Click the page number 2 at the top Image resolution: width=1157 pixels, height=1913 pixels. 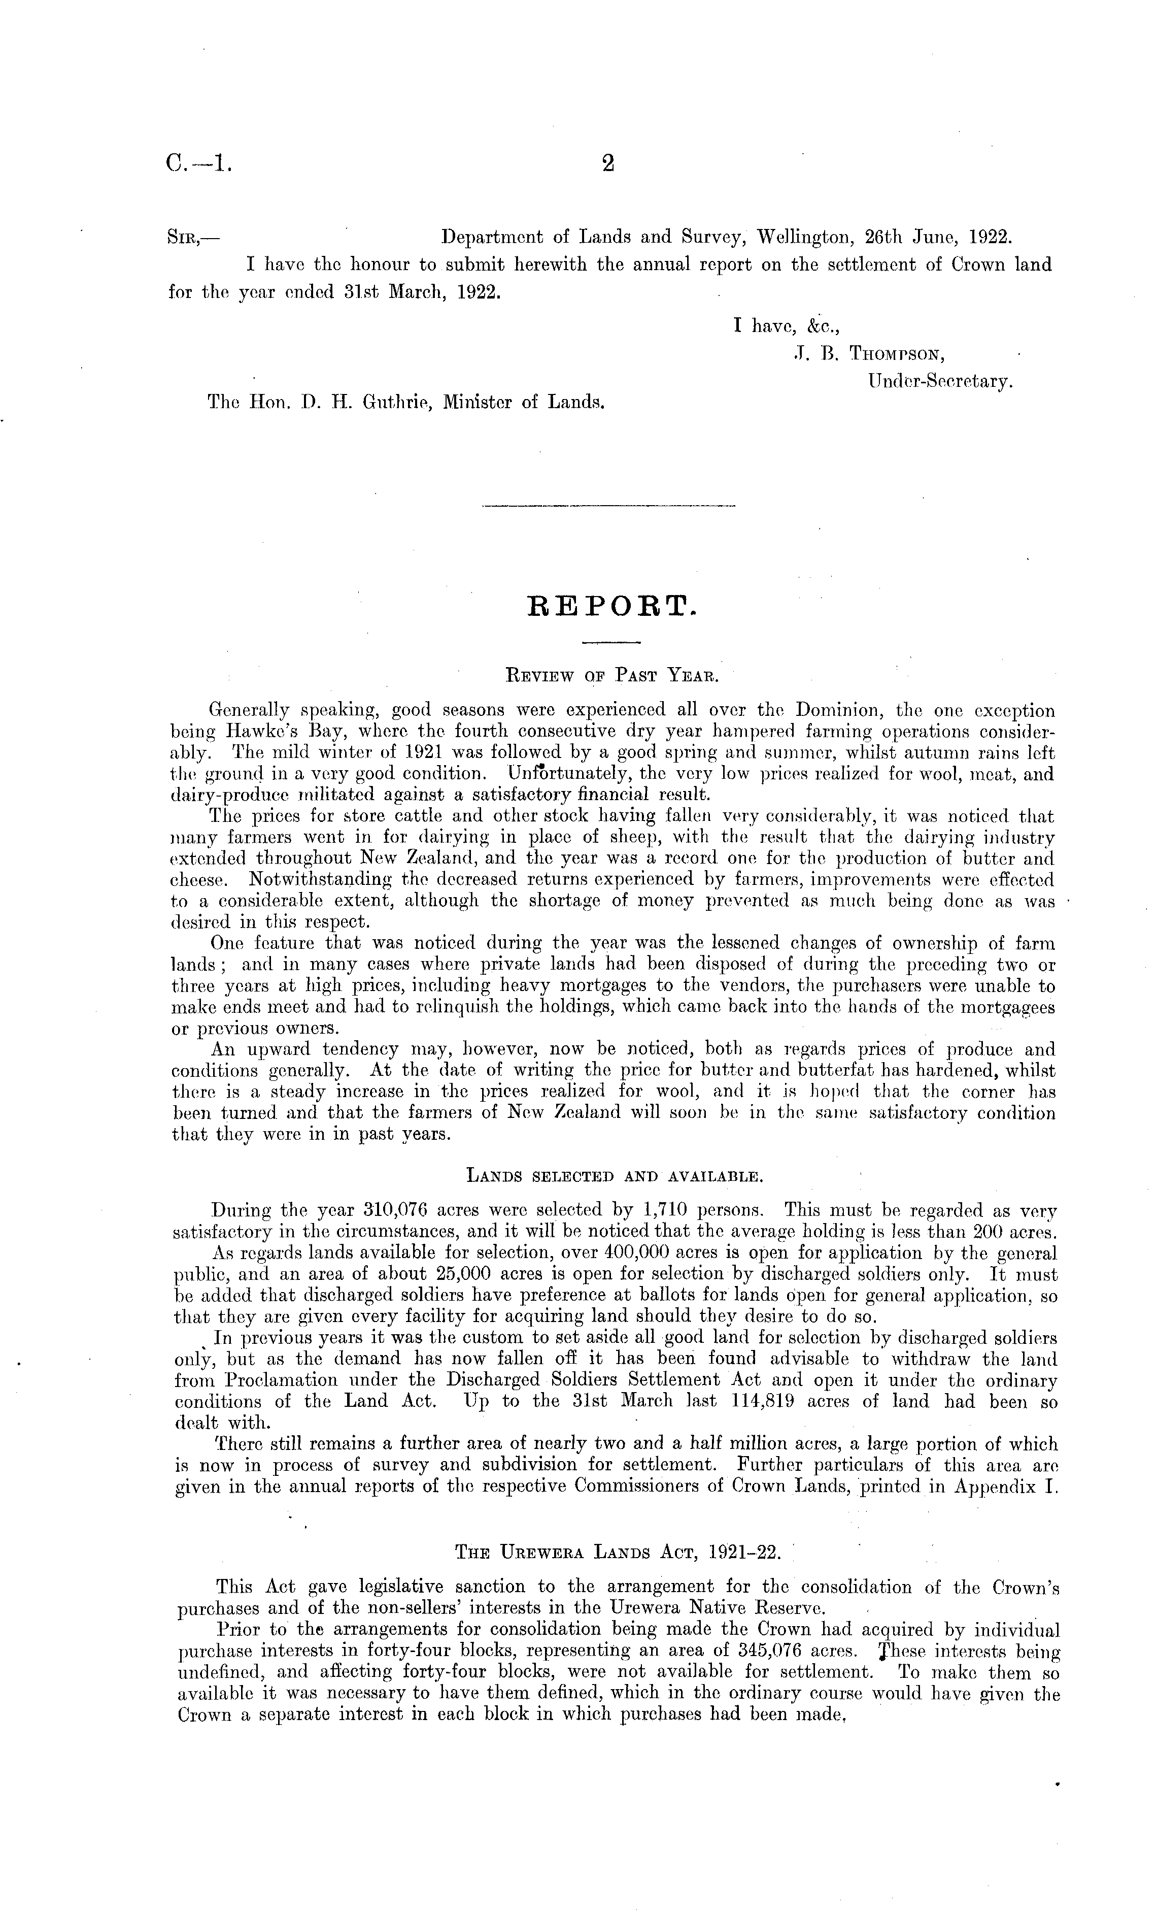[x=607, y=164]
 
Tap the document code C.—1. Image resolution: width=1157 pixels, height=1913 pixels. [x=198, y=164]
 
